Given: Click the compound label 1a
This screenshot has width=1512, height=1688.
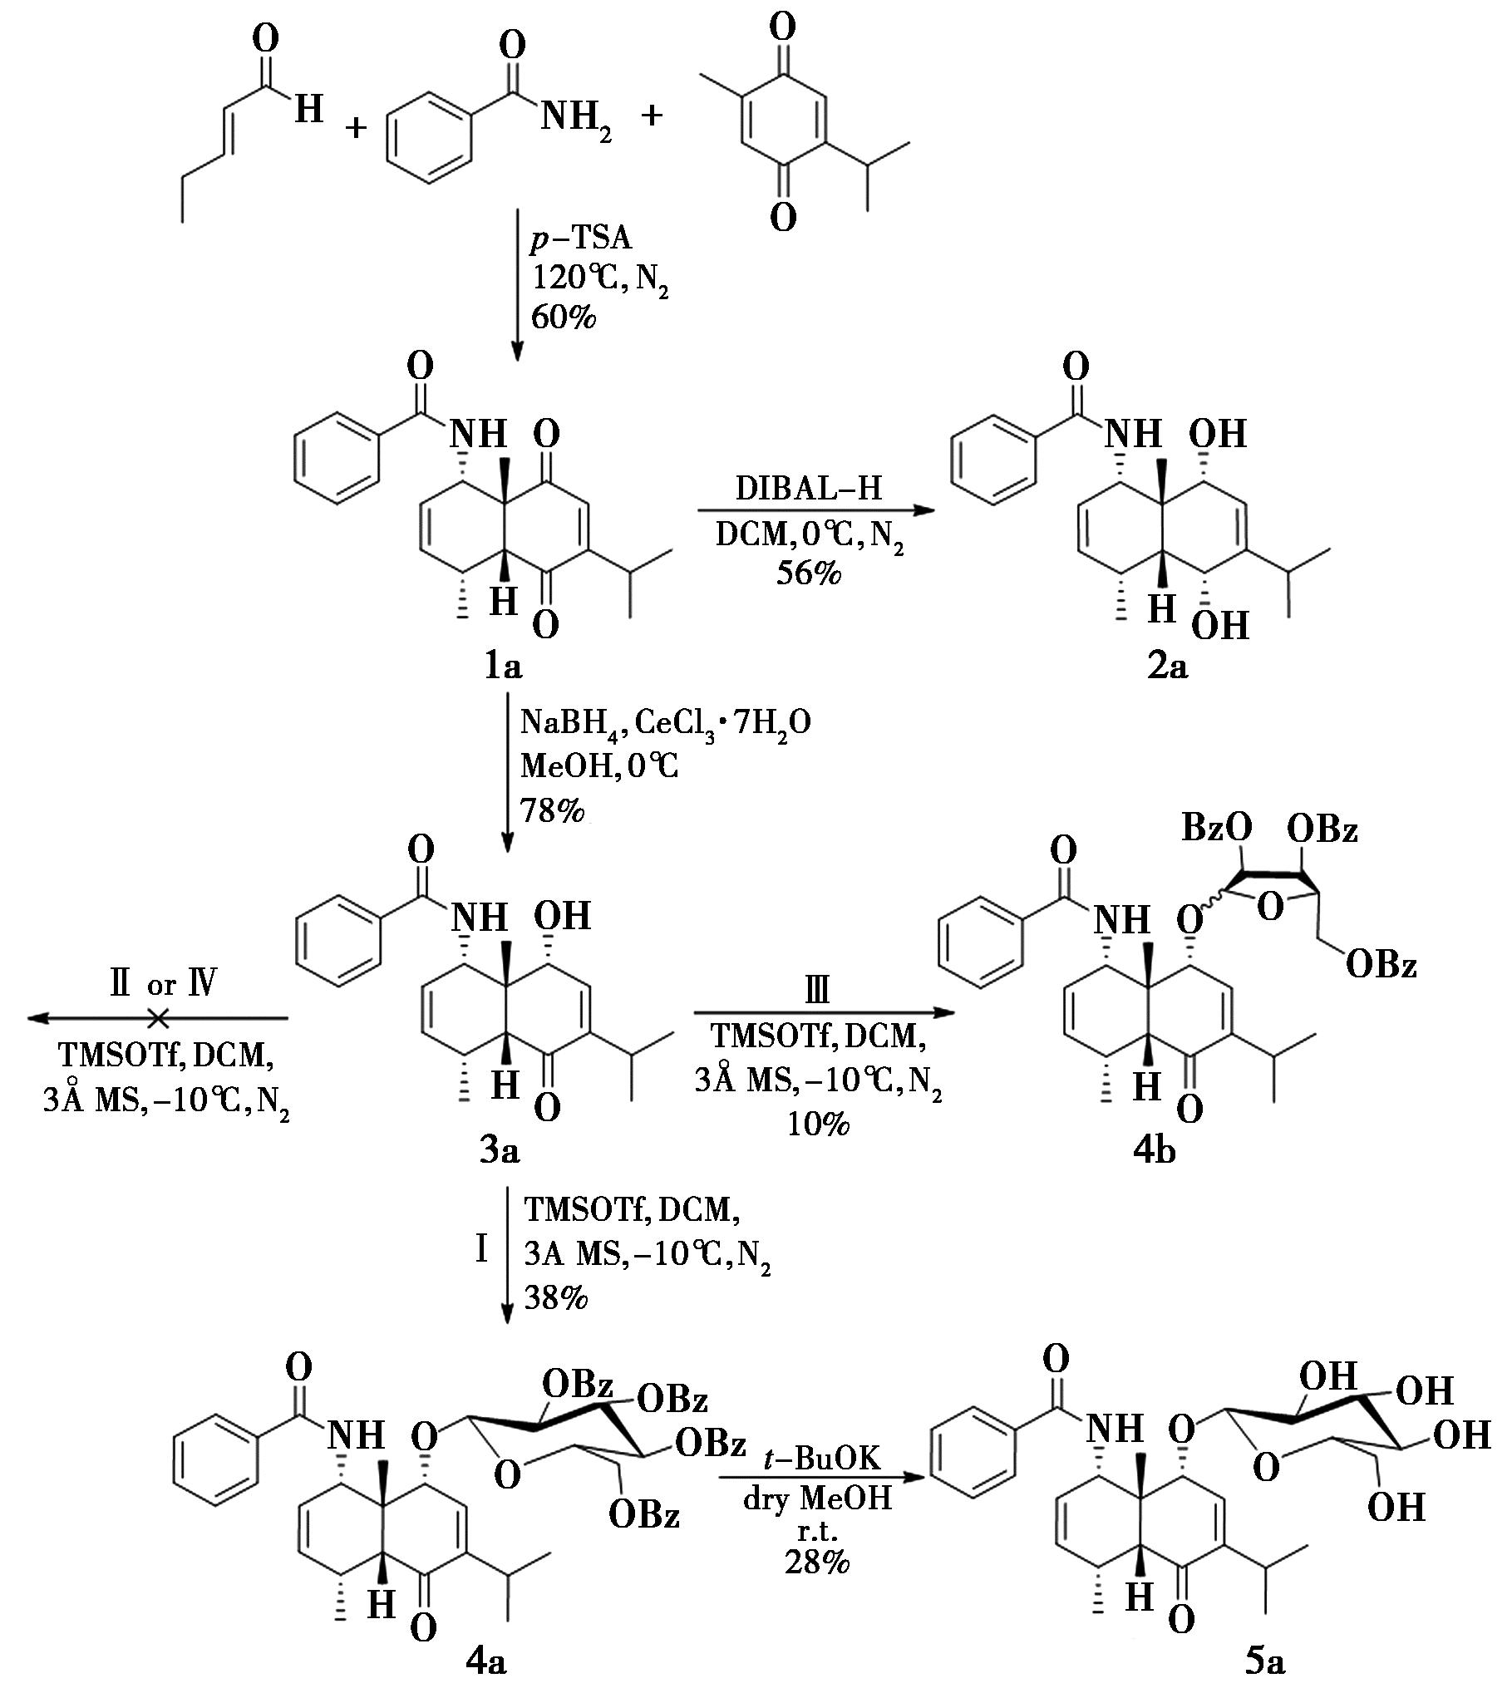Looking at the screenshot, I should pyautogui.click(x=503, y=666).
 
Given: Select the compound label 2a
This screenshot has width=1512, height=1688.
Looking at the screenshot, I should pyautogui.click(x=1167, y=666).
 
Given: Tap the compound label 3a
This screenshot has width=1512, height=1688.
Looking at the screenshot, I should pyautogui.click(x=500, y=1150).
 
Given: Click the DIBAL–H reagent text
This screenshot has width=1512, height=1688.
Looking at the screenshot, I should pyautogui.click(x=808, y=489).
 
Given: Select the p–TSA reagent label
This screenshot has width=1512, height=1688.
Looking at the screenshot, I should pyautogui.click(x=580, y=239).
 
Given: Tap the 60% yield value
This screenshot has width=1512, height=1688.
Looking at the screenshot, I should pyautogui.click(x=563, y=317).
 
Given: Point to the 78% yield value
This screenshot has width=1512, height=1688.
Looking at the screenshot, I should pyautogui.click(x=553, y=810).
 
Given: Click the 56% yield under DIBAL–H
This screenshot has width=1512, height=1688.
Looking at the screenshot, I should pyautogui.click(x=808, y=573).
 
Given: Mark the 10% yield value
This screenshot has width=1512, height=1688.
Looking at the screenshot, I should pyautogui.click(x=819, y=1124).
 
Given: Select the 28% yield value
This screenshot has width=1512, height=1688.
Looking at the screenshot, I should pyautogui.click(x=816, y=1562).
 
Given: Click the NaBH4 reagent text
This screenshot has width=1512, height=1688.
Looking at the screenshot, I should pyautogui.click(x=570, y=723).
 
